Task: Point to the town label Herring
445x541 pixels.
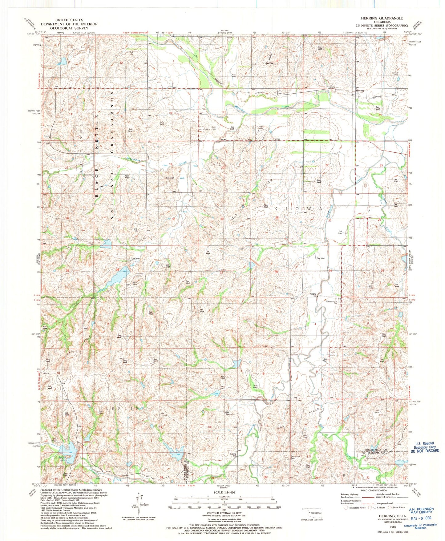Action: coord(360,91)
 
